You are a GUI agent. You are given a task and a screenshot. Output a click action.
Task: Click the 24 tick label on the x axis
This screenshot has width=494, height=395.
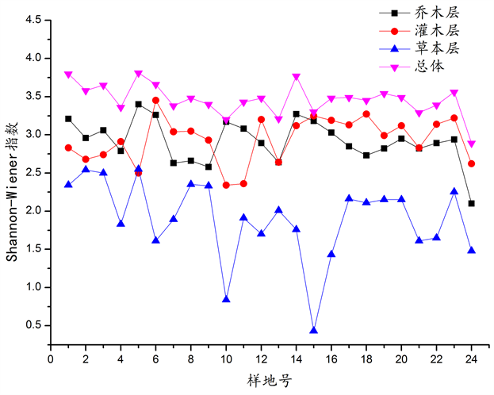pyautogui.click(x=472, y=359)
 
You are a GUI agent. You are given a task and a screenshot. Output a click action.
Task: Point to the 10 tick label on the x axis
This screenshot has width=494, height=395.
pyautogui.click(x=227, y=359)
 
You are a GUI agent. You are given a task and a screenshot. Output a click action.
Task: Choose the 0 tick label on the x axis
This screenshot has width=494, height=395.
pyautogui.click(x=51, y=359)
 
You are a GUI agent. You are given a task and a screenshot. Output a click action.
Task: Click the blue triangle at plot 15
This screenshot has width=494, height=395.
pyautogui.click(x=314, y=330)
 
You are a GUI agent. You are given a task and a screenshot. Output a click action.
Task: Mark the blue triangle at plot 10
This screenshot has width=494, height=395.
pyautogui.click(x=227, y=299)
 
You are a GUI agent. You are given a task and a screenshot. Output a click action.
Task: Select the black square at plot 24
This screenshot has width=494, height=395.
pyautogui.click(x=472, y=203)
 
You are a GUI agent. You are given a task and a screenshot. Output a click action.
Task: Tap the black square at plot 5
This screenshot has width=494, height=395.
pyautogui.click(x=139, y=104)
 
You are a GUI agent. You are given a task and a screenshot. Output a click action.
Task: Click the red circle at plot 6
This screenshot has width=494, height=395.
pyautogui.click(x=156, y=100)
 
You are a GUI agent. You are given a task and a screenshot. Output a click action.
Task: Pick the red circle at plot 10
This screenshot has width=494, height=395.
pyautogui.click(x=227, y=185)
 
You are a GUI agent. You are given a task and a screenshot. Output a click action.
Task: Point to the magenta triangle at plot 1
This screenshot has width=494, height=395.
pyautogui.click(x=68, y=75)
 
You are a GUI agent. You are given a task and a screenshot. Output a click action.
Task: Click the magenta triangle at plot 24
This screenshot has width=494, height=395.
pyautogui.click(x=472, y=144)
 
